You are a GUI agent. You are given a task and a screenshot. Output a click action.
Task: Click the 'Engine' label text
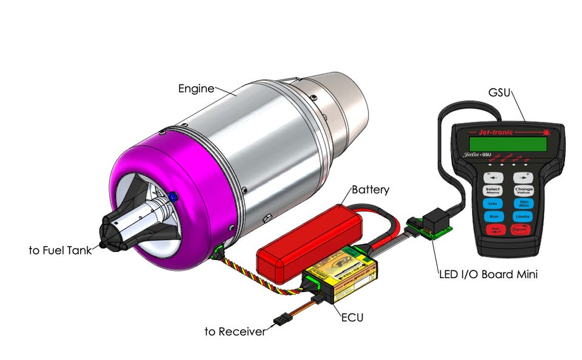click(x=195, y=88)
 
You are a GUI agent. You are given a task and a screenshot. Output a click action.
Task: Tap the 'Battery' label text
click(x=369, y=190)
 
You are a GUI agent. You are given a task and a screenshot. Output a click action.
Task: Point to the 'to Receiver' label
click(x=235, y=332)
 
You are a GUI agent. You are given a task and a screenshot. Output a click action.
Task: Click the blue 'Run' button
click(x=494, y=215)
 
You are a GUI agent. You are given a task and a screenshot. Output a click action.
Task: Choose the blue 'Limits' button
click(x=523, y=216)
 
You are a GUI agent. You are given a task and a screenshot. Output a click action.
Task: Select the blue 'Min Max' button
click(x=523, y=202)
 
